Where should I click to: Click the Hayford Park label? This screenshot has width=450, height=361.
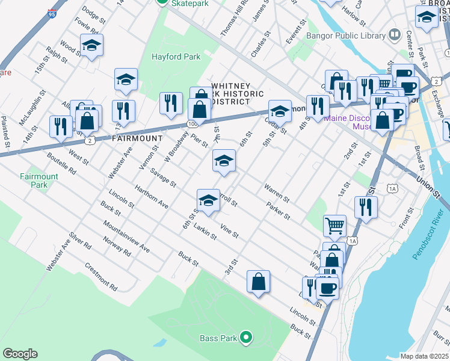coord(175,57)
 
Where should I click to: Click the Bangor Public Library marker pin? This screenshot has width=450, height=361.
coord(394,35)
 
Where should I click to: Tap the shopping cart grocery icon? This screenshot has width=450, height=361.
coord(334,226)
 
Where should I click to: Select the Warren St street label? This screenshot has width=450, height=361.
coord(276,193)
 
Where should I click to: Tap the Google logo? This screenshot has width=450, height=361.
coord(20,354)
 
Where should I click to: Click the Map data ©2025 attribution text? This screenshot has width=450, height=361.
coord(424,356)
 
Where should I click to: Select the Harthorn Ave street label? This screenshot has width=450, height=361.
coord(151,196)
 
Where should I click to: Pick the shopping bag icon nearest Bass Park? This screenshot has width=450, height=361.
coord(258,282)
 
